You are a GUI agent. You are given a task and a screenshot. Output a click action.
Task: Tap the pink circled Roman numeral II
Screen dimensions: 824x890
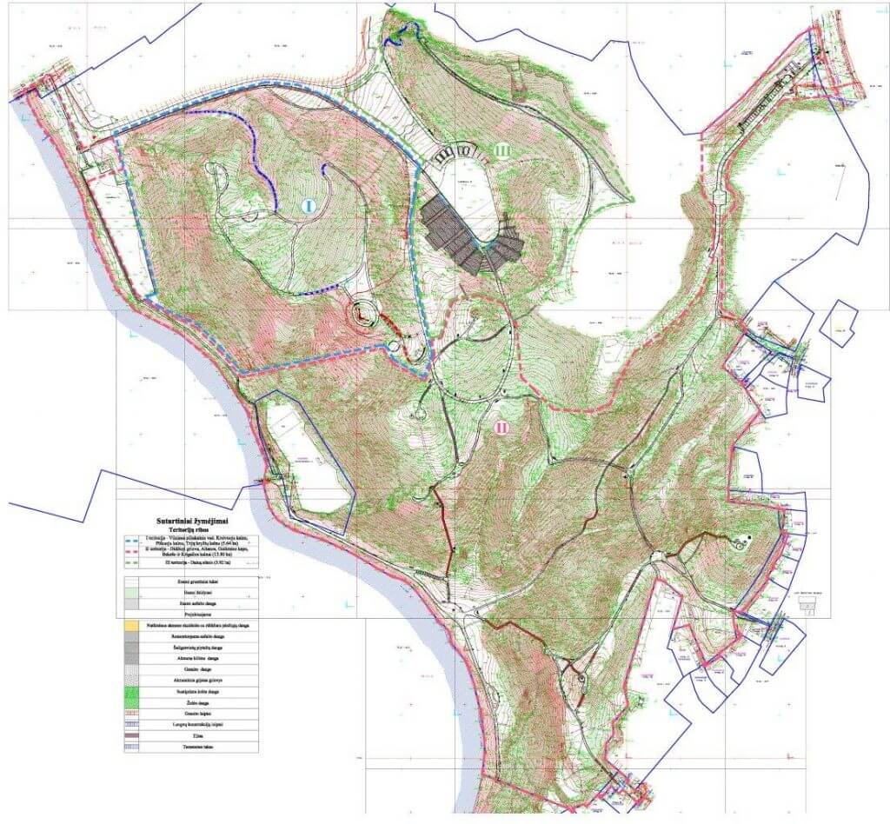[x=501, y=427]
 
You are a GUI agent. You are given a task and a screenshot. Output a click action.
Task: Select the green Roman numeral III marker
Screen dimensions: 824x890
[x=501, y=150]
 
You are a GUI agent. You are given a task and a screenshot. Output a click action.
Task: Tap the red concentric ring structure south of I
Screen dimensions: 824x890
[x=362, y=315]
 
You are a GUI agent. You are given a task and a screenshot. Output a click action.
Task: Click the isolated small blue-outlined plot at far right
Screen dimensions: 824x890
[x=840, y=322]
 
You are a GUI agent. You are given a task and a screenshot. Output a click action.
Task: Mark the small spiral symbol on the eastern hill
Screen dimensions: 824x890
[x=741, y=544]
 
